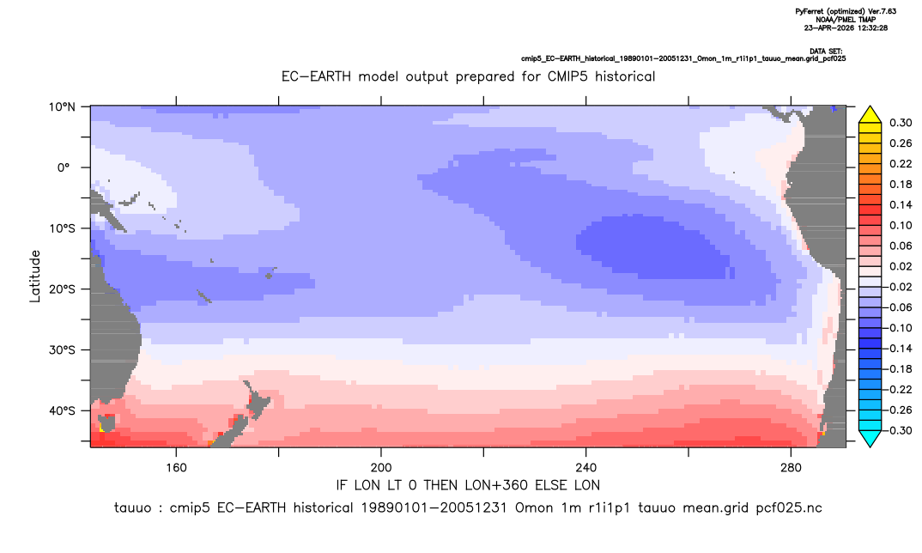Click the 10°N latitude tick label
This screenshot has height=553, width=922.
tap(62, 107)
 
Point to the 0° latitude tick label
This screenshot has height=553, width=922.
tap(64, 167)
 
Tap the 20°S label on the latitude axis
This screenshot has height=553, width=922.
tap(62, 289)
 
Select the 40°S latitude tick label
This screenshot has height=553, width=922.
tap(62, 410)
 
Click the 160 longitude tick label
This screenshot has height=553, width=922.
tap(176, 468)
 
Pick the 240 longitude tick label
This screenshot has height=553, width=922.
tap(585, 468)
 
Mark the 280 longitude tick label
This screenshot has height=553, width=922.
tap(791, 468)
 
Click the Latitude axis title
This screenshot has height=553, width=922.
tap(35, 276)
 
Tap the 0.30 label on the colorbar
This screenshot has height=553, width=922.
tap(901, 123)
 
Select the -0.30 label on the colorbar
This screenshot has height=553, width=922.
tap(897, 430)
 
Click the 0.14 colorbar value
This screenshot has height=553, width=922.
tap(901, 204)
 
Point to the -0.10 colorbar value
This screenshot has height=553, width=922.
tap(897, 328)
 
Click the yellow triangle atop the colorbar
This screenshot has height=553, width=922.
tap(870, 115)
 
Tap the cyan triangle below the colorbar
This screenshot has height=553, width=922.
tap(870, 438)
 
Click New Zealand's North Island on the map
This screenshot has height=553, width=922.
tap(257, 400)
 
